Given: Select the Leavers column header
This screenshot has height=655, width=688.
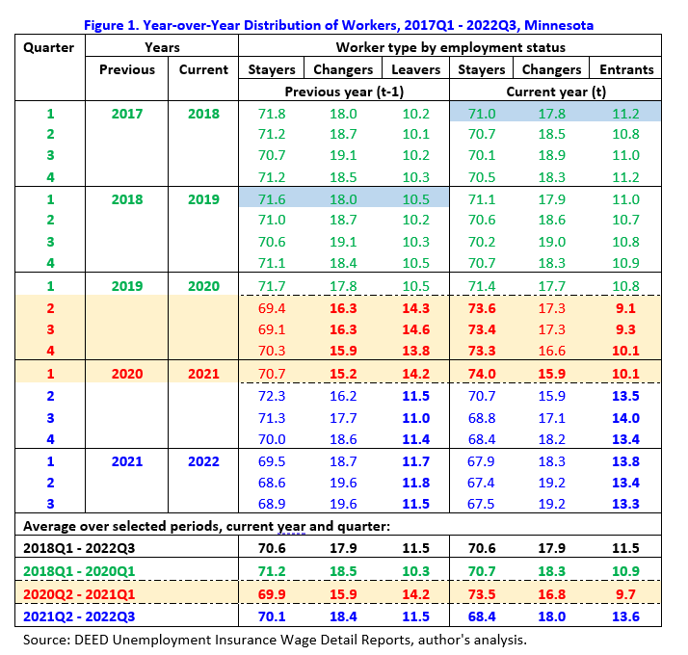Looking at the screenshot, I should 415,69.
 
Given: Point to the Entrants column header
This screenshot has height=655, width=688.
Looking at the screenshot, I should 626,69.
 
